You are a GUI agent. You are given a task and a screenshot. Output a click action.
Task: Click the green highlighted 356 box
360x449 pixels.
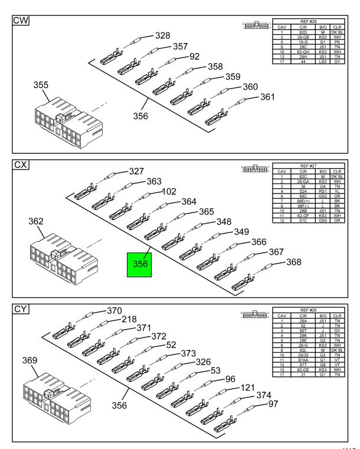pyautogui.click(x=140, y=264)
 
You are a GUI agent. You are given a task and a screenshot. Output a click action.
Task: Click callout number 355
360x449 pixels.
pyautogui.click(x=41, y=85)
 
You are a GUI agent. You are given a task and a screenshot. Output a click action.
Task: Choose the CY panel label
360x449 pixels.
pyautogui.click(x=21, y=309)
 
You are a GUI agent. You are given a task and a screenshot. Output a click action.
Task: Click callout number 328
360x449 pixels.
pyautogui.click(x=162, y=36)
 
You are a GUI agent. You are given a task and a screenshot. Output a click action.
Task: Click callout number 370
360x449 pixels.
pyautogui.click(x=114, y=310)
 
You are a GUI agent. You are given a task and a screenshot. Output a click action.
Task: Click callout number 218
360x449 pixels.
pyautogui.click(x=129, y=319)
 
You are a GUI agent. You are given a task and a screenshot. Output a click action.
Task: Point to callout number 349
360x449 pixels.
pyautogui.click(x=241, y=232)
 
